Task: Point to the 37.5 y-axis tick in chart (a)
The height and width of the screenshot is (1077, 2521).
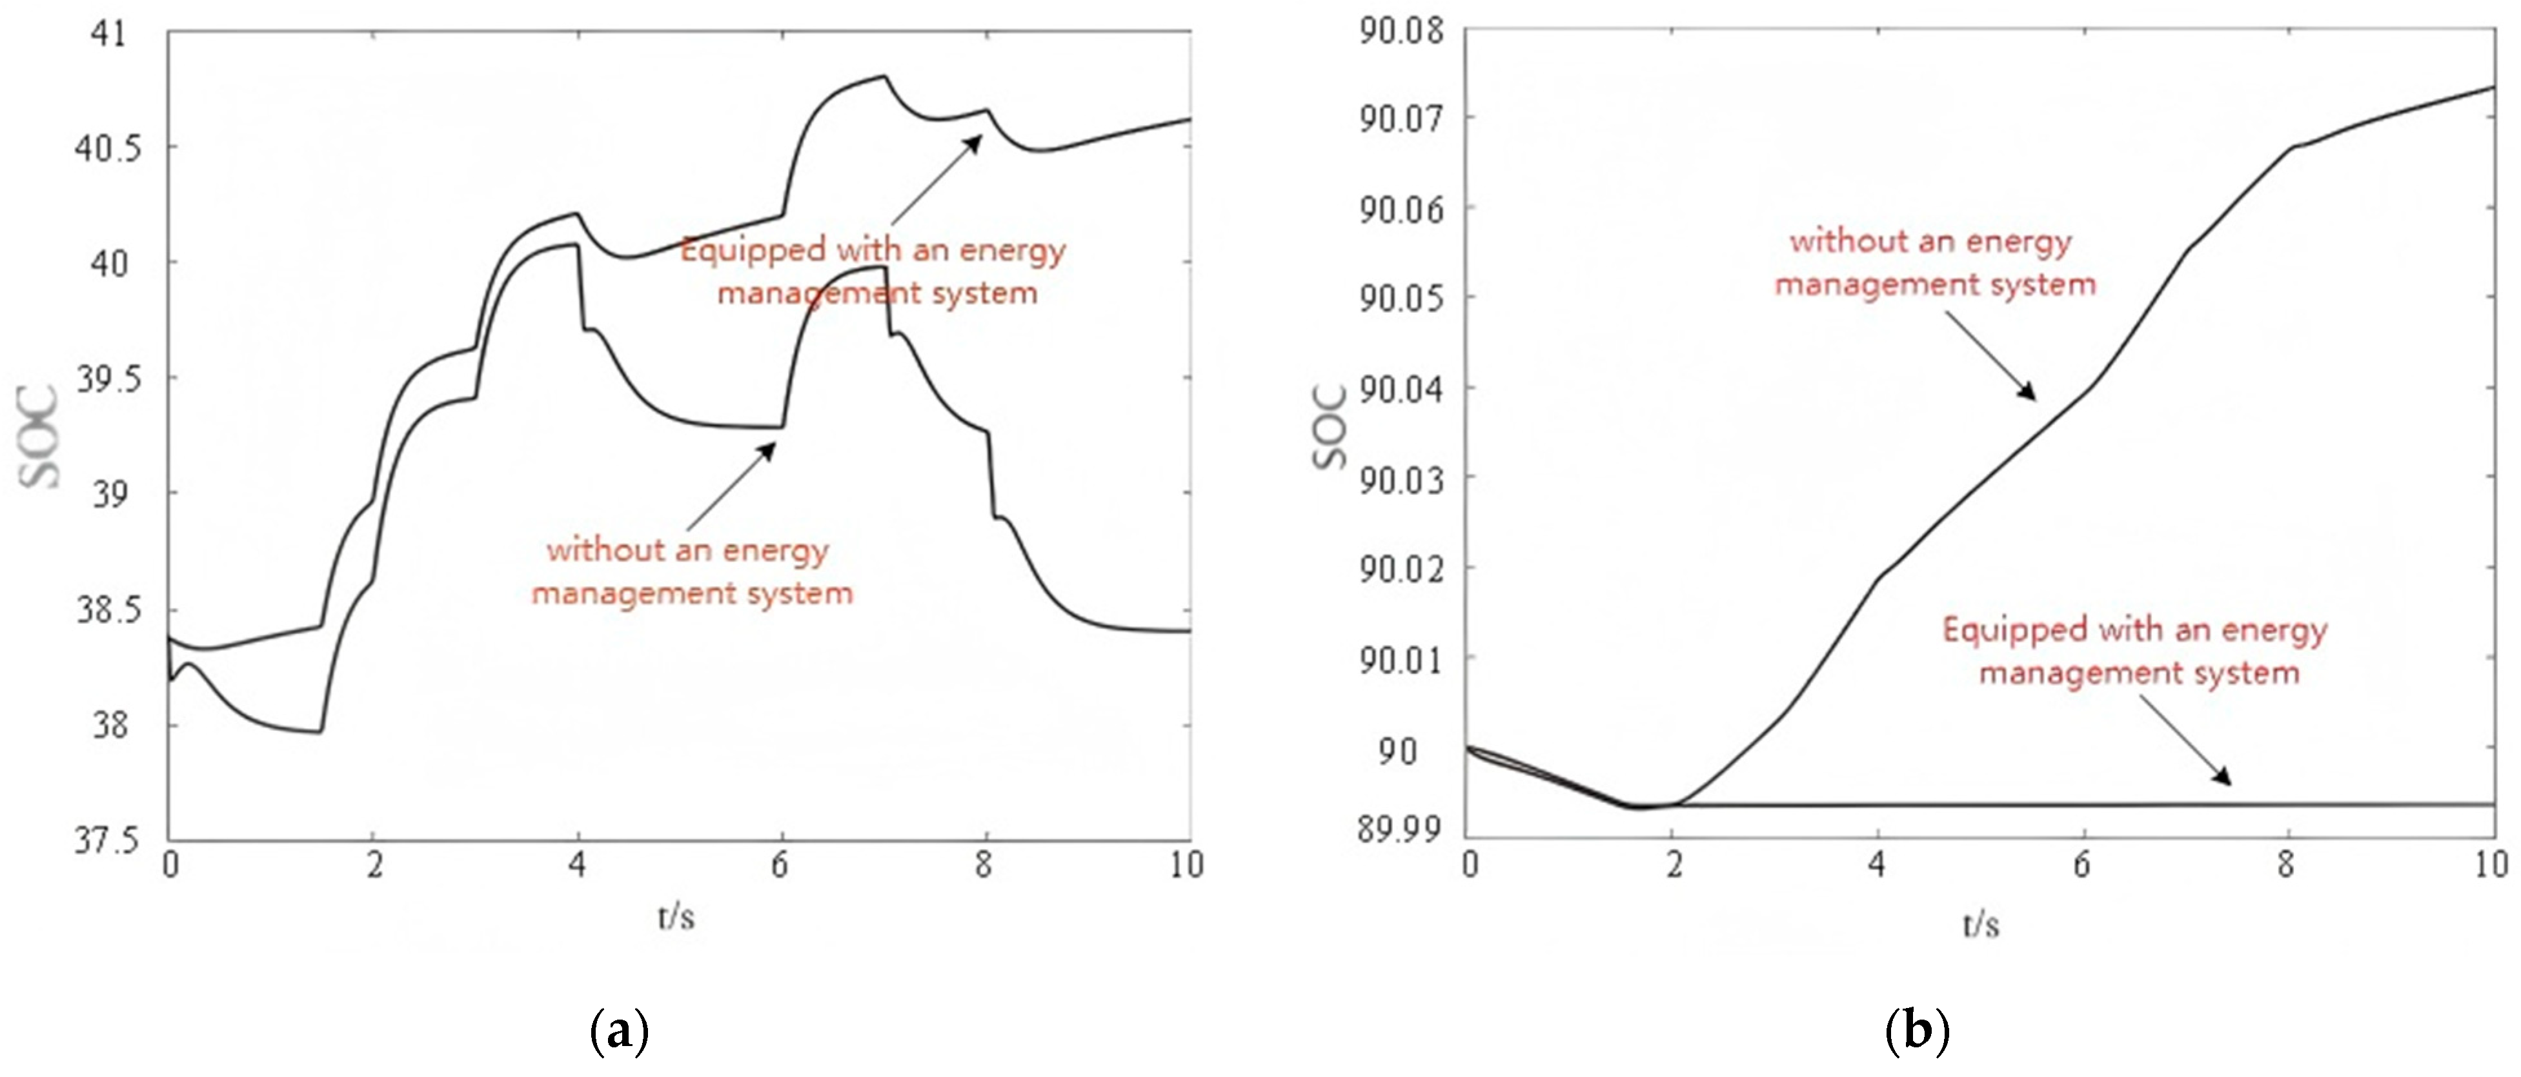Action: [106, 841]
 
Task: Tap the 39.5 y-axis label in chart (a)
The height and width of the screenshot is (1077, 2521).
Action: [106, 380]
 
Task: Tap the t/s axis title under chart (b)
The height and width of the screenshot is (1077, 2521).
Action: [1979, 924]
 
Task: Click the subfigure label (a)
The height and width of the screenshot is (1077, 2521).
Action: [620, 1032]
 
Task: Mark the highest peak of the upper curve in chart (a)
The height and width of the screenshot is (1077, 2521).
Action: [884, 75]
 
